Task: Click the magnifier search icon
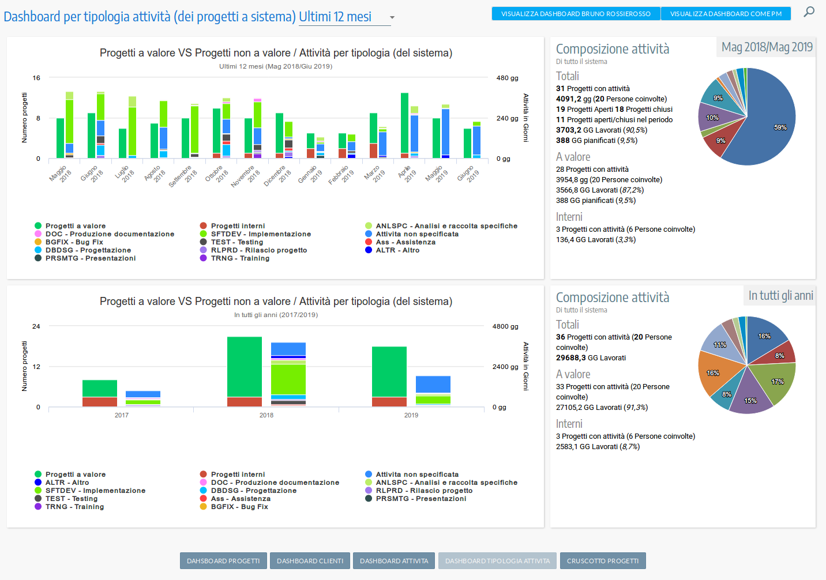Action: pos(809,12)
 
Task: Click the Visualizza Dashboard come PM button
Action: pos(726,14)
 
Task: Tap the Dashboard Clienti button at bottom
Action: pos(310,561)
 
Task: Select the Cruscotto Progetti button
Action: pos(602,561)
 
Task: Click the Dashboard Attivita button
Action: pos(394,561)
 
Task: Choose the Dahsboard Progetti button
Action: pos(223,561)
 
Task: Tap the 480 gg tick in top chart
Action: pos(507,78)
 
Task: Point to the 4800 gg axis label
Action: pos(505,326)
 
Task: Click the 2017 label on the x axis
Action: pos(122,415)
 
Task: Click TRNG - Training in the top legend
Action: pos(239,258)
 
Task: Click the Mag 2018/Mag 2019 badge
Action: pos(767,47)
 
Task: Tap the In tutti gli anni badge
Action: pos(780,296)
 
